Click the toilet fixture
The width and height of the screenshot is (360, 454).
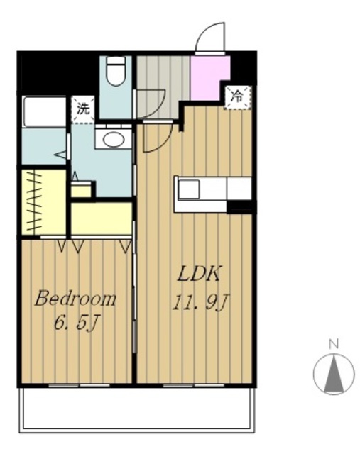pyautogui.click(x=116, y=71)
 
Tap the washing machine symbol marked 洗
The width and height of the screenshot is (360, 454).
pyautogui.click(x=83, y=109)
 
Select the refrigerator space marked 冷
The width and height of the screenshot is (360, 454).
pyautogui.click(x=238, y=97)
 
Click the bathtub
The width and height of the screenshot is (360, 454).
pyautogui.click(x=44, y=112)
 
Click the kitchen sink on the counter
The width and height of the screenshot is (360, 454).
pyautogui.click(x=189, y=189)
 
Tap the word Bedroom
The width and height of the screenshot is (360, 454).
pyautogui.click(x=75, y=299)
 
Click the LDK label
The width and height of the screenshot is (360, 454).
pyautogui.click(x=199, y=274)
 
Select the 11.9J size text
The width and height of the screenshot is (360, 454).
pyautogui.click(x=201, y=303)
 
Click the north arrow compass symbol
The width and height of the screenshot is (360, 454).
pyautogui.click(x=334, y=374)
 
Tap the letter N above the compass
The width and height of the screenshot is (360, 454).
pyautogui.click(x=334, y=344)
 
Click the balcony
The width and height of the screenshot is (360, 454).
pyautogui.click(x=137, y=409)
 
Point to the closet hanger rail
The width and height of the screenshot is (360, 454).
pyautogui.click(x=35, y=201)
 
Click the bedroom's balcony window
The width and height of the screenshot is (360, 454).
pyautogui.click(x=79, y=385)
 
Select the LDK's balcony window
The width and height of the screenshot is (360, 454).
pyautogui.click(x=194, y=385)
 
